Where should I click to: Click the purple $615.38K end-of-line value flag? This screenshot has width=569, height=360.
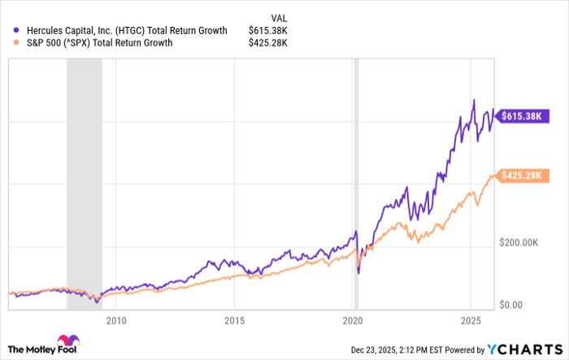(519, 116)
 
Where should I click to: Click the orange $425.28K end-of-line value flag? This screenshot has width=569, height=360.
(519, 175)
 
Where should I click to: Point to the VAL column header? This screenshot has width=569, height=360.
(278, 16)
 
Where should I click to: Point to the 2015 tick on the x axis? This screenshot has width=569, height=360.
(234, 319)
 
